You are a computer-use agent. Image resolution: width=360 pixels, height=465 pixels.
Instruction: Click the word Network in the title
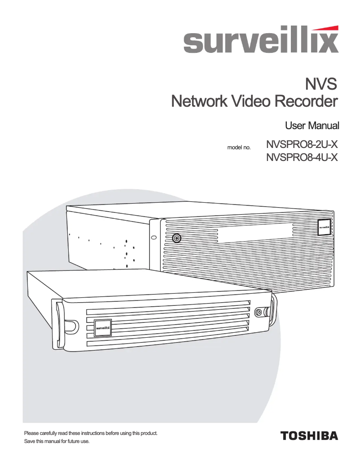pyautogui.click(x=199, y=101)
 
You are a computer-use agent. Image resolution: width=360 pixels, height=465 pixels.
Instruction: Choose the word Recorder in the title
pyautogui.click(x=306, y=101)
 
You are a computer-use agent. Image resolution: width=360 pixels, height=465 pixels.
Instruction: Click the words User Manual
pyautogui.click(x=312, y=125)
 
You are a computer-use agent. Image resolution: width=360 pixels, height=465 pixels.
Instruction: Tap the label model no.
pyautogui.click(x=239, y=147)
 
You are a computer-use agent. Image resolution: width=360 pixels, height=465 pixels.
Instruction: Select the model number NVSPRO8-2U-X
pyautogui.click(x=302, y=145)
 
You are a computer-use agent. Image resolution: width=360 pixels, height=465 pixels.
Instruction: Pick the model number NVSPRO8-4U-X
pyautogui.click(x=302, y=157)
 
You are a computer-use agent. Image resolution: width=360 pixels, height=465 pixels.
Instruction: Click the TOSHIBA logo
pyautogui.click(x=309, y=435)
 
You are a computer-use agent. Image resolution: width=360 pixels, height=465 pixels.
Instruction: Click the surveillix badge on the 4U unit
pyautogui.click(x=325, y=226)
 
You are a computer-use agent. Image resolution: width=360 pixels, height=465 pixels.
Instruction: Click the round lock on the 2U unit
pyautogui.click(x=259, y=313)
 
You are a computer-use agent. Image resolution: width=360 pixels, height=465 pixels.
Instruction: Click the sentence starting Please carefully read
pyautogui.click(x=91, y=433)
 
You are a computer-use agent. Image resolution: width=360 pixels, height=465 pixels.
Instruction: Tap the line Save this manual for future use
pyautogui.click(x=57, y=442)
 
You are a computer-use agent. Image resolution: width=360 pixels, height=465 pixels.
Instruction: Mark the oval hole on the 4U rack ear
pyautogui.click(x=154, y=237)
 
